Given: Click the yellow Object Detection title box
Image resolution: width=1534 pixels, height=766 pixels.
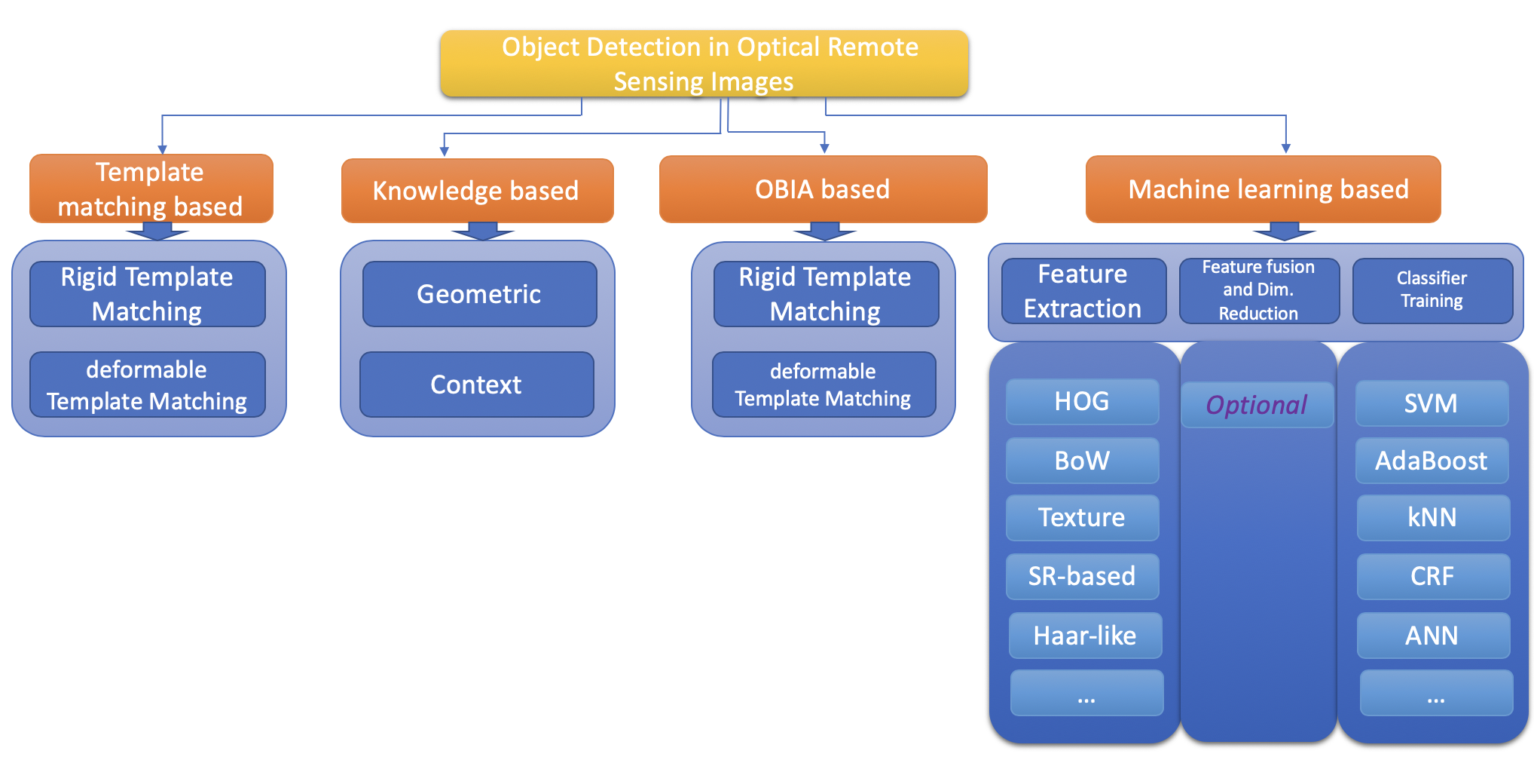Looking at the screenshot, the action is pos(704,63).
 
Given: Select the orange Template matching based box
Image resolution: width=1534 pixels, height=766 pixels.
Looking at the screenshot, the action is pos(151,188).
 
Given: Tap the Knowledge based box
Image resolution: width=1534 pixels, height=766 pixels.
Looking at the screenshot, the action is pos(478,190).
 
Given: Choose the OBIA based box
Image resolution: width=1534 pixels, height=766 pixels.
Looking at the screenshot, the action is pos(824,188).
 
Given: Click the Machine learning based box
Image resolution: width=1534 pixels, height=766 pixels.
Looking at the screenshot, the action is pos(1264,188).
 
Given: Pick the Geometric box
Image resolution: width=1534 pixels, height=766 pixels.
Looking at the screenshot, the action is pos(480,294).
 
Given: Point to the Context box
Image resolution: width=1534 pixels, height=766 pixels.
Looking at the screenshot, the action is pos(477,385).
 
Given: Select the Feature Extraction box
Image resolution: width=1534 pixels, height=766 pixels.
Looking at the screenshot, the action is pos(1084,291).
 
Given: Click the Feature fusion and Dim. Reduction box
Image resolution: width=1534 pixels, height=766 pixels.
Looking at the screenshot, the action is pos(1260,291).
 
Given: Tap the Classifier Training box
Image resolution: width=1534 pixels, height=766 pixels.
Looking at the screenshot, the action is pos(1433,291).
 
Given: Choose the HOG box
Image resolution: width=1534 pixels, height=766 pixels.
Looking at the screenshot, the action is pos(1083,402).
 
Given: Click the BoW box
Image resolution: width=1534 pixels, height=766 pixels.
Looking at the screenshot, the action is pos(1083,461).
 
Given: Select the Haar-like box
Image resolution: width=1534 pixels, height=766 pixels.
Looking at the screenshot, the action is pos(1086,636).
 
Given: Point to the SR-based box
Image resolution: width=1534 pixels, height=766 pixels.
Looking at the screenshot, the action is pos(1083,577).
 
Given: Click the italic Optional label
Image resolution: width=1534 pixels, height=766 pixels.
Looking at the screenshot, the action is pos(1257,405).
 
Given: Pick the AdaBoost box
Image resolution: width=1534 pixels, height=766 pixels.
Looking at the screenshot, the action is pos(1432,461).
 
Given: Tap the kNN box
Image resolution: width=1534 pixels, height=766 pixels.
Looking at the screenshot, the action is pos(1434,518).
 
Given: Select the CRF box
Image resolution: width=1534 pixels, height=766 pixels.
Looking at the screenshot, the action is pos(1434,577).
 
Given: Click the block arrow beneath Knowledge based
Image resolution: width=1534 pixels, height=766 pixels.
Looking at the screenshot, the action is pos(482,231).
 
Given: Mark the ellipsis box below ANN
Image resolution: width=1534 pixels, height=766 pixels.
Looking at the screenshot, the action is pos(1437,693).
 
